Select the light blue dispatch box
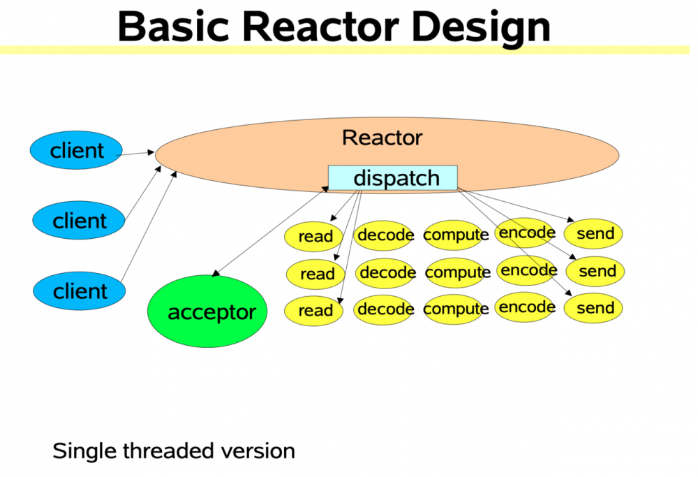click(393, 177)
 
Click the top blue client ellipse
click(76, 150)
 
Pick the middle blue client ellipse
click(79, 221)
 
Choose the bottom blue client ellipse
click(80, 291)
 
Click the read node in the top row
click(315, 237)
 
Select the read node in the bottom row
click(315, 311)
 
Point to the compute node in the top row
click(456, 235)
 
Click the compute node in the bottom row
click(456, 309)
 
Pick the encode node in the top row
click(526, 233)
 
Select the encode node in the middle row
click(528, 270)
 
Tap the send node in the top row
click(595, 234)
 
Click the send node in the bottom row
click(595, 308)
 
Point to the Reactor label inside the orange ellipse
click(382, 138)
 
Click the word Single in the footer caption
click(84, 450)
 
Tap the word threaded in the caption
click(168, 450)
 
